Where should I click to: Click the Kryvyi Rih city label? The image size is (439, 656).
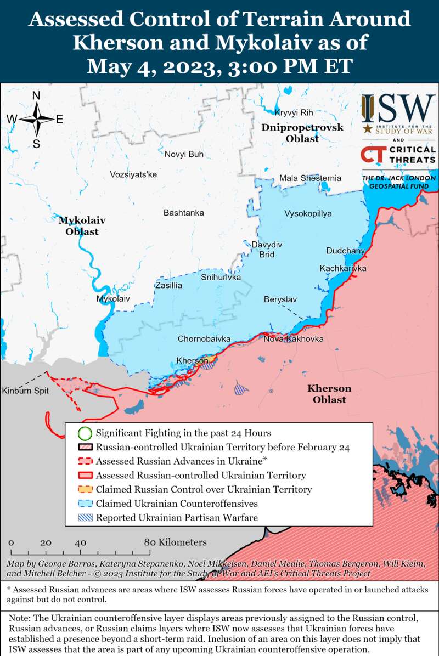pyautogui.click(x=294, y=112)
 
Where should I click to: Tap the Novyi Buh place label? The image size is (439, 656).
pyautogui.click(x=184, y=154)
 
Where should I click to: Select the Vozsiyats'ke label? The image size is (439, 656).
pyautogui.click(x=133, y=174)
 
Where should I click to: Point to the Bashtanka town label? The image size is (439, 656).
pyautogui.click(x=184, y=212)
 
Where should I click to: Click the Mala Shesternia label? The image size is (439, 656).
pyautogui.click(x=310, y=178)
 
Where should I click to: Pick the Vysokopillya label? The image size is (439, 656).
pyautogui.click(x=308, y=213)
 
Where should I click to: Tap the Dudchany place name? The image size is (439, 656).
pyautogui.click(x=345, y=251)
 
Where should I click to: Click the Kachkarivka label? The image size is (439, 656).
pyautogui.click(x=343, y=268)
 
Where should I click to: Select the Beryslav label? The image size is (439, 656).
pyautogui.click(x=280, y=299)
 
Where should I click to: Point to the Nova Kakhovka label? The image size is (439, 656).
pyautogui.click(x=293, y=339)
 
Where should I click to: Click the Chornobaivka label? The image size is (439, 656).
pyautogui.click(x=204, y=339)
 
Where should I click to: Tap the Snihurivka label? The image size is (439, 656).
pyautogui.click(x=221, y=278)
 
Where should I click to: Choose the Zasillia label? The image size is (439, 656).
pyautogui.click(x=168, y=285)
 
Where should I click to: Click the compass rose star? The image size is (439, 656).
pyautogui.click(x=36, y=119)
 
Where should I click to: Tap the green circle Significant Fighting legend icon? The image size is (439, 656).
pyautogui.click(x=85, y=433)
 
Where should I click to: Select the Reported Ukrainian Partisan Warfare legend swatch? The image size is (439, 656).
pyautogui.click(x=85, y=517)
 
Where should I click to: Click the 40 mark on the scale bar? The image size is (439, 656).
pyautogui.click(x=80, y=542)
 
